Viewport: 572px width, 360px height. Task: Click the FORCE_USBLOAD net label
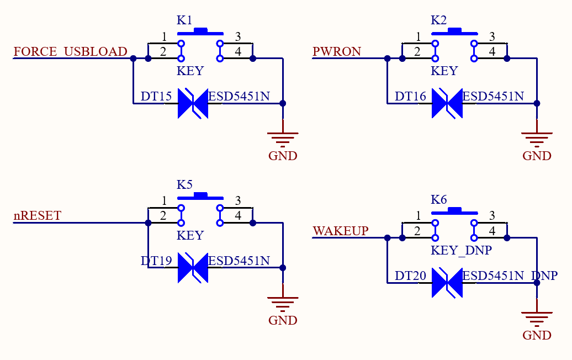(71, 51)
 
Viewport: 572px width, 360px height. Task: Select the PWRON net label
(337, 51)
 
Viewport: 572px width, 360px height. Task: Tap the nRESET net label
(37, 215)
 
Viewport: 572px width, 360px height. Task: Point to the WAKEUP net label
(340, 231)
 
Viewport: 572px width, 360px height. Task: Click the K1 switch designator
(184, 20)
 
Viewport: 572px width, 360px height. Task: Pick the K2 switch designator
(438, 20)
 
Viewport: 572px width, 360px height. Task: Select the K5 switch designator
(184, 184)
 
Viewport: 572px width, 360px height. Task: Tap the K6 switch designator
(438, 199)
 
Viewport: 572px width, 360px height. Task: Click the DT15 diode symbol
(193, 104)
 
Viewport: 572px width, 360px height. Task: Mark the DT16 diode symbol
(447, 104)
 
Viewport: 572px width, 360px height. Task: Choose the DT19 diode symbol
(193, 268)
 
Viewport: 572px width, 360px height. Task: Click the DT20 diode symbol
(447, 283)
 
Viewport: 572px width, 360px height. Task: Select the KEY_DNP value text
(461, 250)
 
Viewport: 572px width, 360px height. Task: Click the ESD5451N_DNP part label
(510, 276)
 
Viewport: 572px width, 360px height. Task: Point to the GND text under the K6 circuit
(537, 335)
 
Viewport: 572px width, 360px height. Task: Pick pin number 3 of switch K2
(492, 36)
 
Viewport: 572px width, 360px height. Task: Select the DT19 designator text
(156, 261)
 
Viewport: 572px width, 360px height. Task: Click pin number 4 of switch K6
(492, 231)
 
